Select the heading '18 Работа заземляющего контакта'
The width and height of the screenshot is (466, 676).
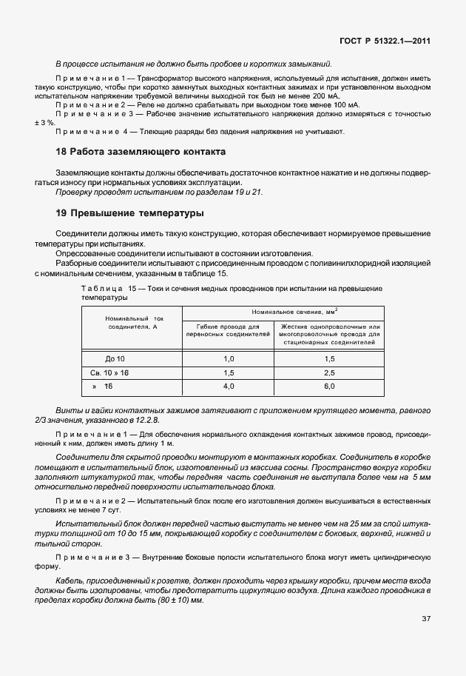(141, 152)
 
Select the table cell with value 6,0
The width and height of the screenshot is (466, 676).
(329, 386)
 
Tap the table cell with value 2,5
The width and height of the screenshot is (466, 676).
(329, 372)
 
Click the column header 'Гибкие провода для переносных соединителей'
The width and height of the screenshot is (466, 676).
(228, 330)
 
